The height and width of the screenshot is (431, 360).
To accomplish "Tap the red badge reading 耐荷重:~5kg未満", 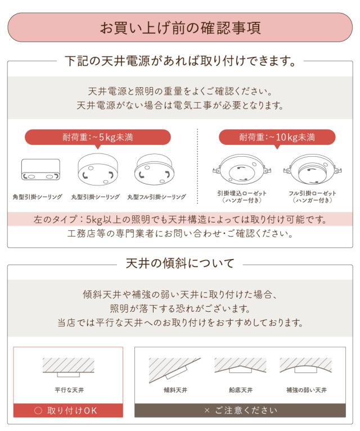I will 97,137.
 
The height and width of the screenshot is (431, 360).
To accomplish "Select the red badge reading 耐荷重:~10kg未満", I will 277,137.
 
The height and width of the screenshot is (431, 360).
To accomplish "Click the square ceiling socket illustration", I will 40,170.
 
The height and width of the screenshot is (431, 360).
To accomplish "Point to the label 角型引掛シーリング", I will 37,197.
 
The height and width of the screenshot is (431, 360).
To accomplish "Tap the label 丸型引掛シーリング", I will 95,197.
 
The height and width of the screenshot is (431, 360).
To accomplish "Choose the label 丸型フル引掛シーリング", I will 156,197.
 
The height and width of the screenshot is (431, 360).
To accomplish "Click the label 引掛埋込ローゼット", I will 241,193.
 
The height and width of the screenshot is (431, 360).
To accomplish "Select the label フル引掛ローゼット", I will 312,193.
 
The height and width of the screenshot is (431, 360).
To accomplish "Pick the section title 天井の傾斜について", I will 179,262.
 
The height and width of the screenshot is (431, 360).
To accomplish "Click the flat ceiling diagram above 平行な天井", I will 68,368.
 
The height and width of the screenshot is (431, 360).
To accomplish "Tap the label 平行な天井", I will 68,389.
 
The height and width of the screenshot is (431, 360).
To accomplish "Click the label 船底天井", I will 240,389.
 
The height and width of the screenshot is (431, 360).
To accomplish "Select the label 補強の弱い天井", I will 306,389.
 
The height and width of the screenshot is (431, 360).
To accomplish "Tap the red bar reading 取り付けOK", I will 68,410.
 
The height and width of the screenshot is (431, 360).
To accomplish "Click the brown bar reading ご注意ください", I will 240,410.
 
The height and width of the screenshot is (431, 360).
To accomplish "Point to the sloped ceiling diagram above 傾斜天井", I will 171,368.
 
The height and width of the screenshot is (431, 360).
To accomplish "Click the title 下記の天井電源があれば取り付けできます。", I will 180,61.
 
